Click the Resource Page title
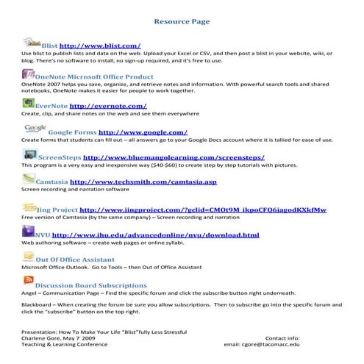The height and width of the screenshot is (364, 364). tap(182, 22)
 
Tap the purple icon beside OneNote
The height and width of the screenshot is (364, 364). tap(27, 74)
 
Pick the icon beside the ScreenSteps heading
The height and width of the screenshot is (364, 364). tap(29, 155)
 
